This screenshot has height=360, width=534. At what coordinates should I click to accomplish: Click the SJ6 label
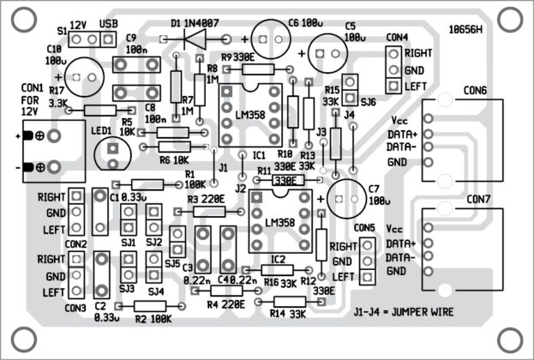(369, 102)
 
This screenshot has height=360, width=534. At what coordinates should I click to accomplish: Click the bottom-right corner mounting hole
(509, 337)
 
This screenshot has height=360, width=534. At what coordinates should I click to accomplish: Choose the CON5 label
(363, 228)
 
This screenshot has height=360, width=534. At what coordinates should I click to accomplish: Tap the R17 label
(57, 90)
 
